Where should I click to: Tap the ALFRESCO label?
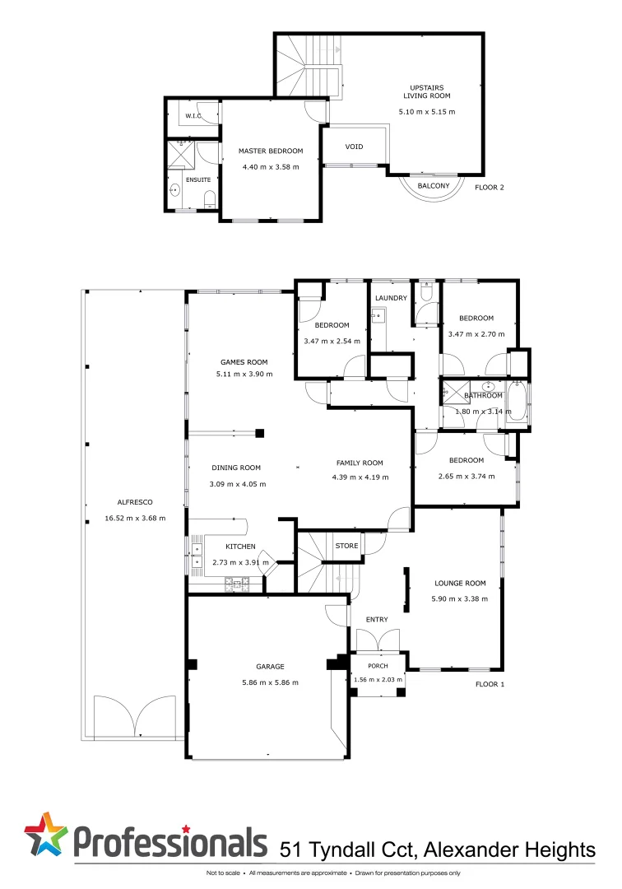135,502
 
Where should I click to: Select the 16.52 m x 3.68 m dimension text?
135,518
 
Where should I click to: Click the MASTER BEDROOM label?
271,151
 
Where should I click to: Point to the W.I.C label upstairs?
193,116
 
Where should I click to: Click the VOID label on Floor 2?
354,147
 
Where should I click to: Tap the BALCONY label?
434,186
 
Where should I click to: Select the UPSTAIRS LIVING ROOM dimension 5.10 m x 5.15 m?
426,111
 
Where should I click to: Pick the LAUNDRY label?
391,298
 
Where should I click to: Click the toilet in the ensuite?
208,196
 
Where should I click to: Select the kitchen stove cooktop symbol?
241,584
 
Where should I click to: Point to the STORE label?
346,545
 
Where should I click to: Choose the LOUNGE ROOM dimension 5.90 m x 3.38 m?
460,598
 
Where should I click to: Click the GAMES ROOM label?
244,361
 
